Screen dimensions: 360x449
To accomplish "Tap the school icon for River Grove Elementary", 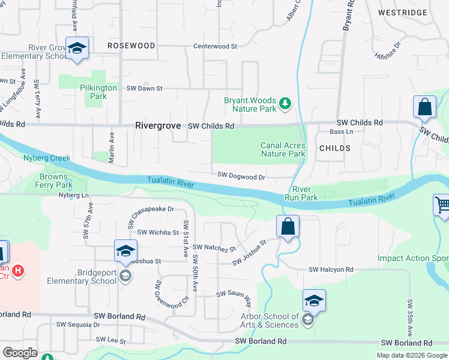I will click(x=77, y=49).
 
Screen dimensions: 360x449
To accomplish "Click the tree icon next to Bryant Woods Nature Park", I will click(x=285, y=104).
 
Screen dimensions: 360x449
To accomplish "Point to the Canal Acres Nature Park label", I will click(x=283, y=149).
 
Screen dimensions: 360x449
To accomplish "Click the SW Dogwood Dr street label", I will click(x=241, y=176).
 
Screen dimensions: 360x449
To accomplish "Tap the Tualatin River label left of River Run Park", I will click(x=171, y=181).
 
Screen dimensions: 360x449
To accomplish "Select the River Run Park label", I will click(x=301, y=193).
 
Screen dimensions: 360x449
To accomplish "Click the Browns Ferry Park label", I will click(x=55, y=181).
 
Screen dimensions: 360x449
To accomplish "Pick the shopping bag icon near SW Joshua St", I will click(x=288, y=227).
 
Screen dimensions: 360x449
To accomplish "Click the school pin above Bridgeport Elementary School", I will click(x=125, y=251).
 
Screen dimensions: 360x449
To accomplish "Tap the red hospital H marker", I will click(x=19, y=271).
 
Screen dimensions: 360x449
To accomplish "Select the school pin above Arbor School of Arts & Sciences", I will click(x=314, y=300).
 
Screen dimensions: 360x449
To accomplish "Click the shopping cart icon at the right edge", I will click(x=442, y=205).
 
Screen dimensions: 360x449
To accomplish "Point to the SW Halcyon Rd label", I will click(x=331, y=270).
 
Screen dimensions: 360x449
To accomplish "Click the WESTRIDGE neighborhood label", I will click(x=403, y=13).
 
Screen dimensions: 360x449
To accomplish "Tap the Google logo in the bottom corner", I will click(x=20, y=352).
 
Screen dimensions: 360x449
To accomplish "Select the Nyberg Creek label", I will click(x=47, y=158).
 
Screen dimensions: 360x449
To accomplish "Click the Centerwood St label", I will click(x=215, y=46).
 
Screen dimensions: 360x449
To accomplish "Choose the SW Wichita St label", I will click(x=158, y=232).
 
